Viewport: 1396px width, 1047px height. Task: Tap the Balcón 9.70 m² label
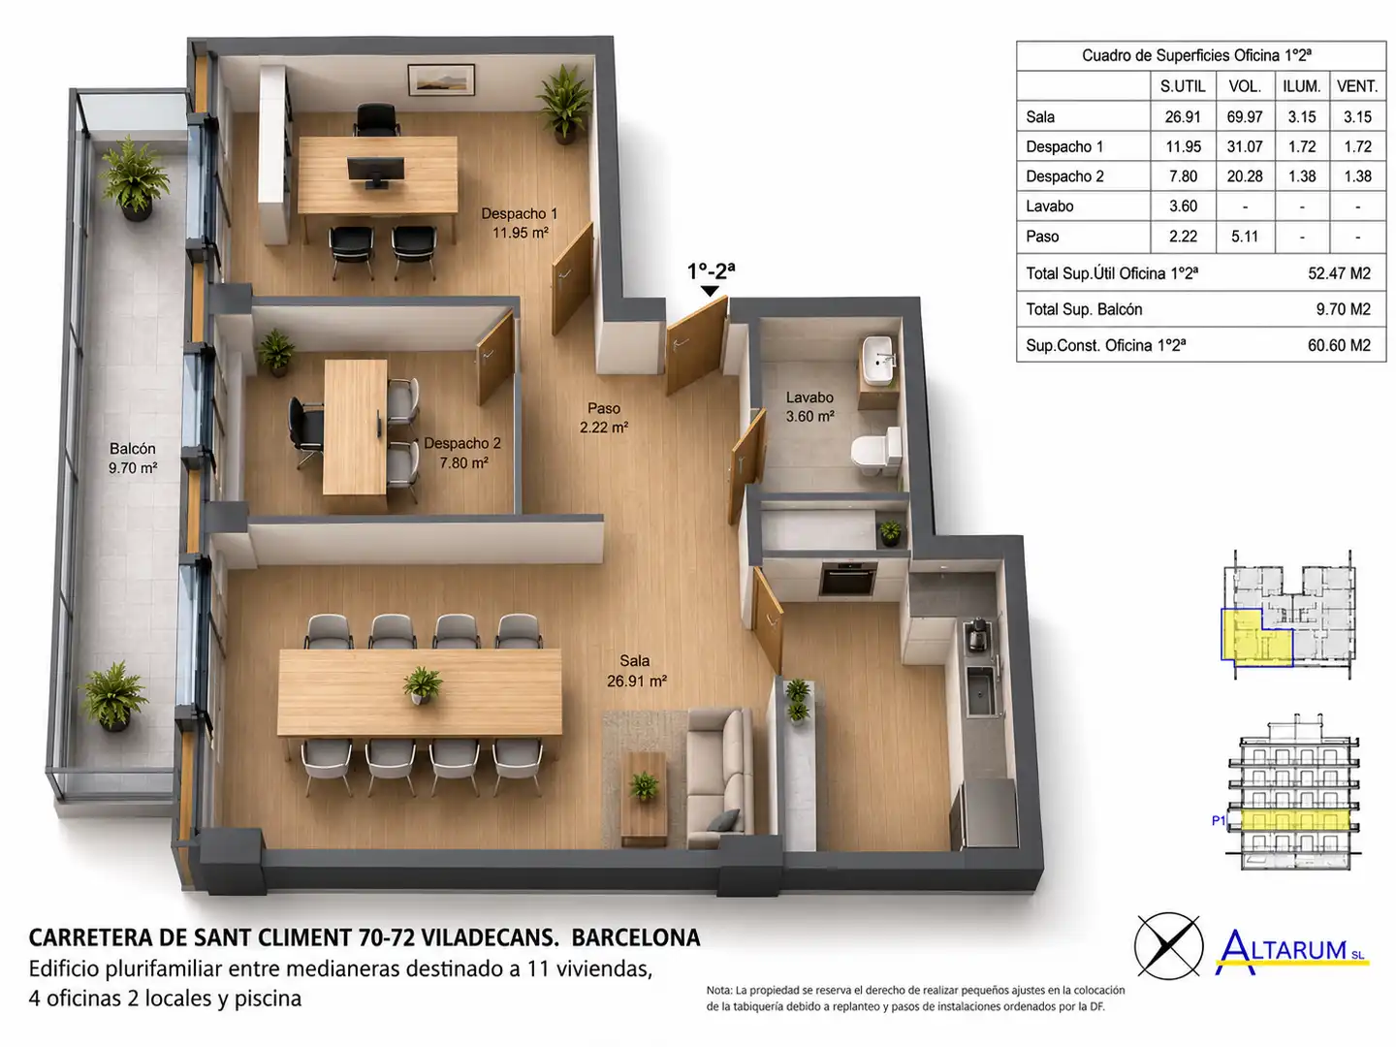[132, 459]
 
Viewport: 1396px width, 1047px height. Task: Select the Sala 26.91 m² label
[636, 671]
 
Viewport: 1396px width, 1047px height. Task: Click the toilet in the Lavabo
[876, 452]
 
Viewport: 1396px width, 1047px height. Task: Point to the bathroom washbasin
[877, 361]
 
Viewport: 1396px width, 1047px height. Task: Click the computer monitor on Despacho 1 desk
[376, 172]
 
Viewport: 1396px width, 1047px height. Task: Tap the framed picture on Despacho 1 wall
[441, 79]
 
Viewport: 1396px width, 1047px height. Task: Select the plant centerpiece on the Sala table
[422, 685]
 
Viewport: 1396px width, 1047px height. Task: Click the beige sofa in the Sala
[720, 778]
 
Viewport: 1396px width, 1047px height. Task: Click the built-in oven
[847, 579]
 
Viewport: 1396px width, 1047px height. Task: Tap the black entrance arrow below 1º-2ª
[710, 291]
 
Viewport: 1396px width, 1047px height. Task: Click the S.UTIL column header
[1183, 86]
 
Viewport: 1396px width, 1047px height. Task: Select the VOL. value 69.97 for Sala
[1245, 117]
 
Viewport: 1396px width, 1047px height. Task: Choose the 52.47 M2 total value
[1339, 273]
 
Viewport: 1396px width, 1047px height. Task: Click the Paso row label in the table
[1042, 237]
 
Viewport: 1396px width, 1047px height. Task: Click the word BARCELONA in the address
[635, 937]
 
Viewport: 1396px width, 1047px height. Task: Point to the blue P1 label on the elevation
[1219, 821]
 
